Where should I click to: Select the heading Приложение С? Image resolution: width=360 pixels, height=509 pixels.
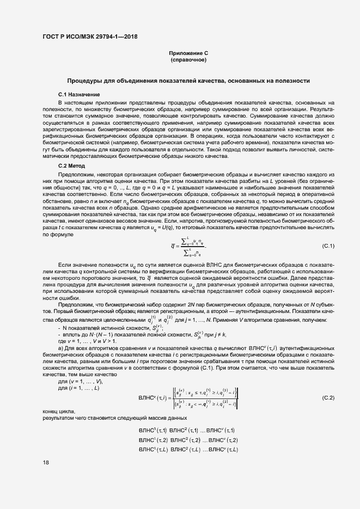click(x=188, y=53)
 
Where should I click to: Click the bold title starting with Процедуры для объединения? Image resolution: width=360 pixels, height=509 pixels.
click(x=188, y=81)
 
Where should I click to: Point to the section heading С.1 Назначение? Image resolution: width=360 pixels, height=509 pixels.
click(x=75, y=95)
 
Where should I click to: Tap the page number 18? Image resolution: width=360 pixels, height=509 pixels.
click(x=46, y=463)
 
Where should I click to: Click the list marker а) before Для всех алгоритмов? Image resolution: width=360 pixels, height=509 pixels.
click(x=60, y=347)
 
